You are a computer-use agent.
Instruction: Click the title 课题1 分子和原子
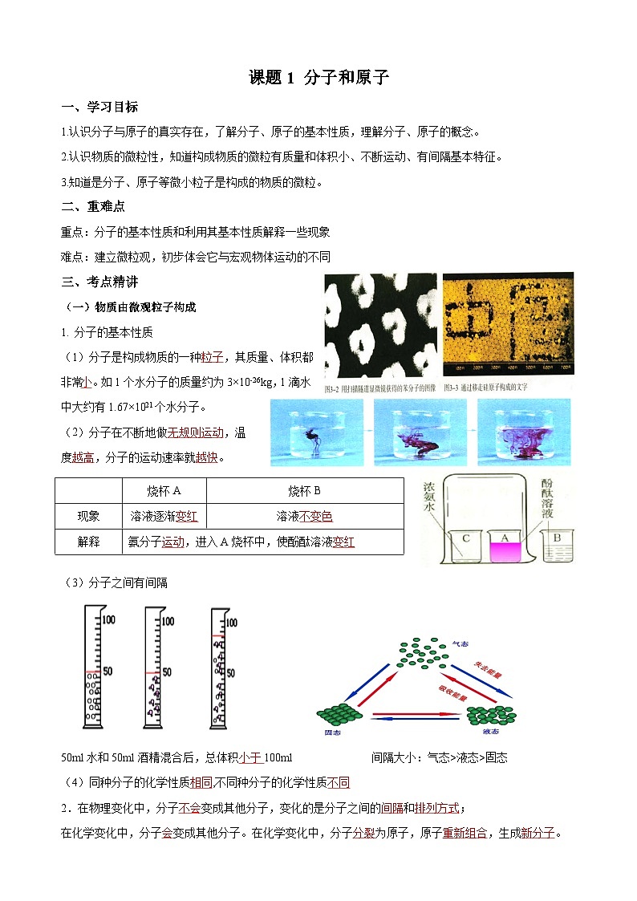[x=318, y=78]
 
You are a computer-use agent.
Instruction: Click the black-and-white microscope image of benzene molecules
[x=380, y=324]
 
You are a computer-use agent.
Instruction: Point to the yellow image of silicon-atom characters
[x=508, y=324]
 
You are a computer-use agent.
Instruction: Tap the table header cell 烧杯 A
[x=164, y=491]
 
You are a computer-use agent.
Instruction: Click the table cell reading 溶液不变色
[x=304, y=516]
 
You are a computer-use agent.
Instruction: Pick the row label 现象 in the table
[x=88, y=516]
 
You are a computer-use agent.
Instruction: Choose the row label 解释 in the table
[x=88, y=542]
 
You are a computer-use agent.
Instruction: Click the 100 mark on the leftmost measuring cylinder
[x=108, y=620]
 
